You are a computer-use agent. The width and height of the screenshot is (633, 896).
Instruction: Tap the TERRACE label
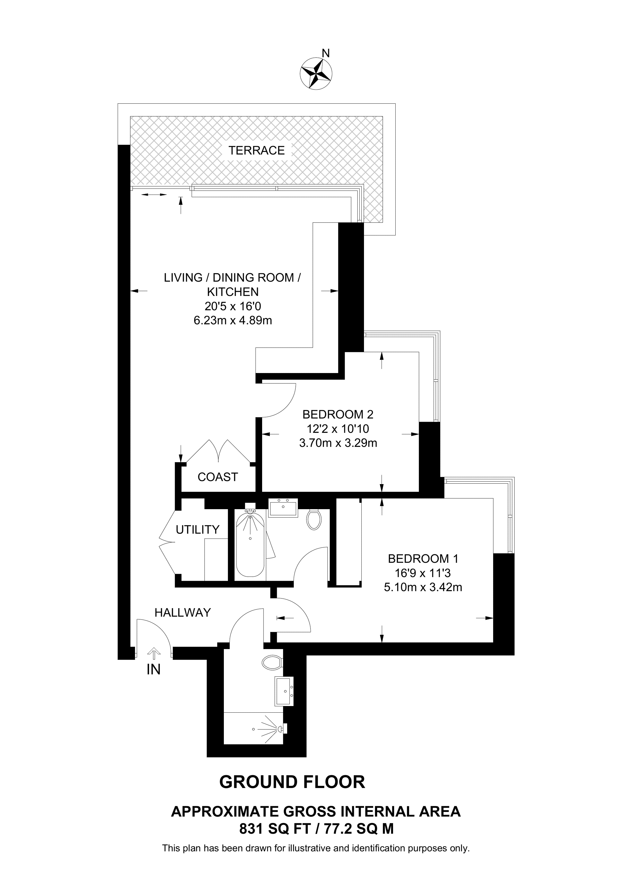(x=256, y=150)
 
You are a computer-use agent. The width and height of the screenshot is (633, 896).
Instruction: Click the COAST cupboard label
(x=218, y=477)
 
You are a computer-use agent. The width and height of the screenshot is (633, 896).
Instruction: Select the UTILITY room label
(x=197, y=530)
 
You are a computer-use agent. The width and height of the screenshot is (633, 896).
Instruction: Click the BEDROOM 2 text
(x=338, y=414)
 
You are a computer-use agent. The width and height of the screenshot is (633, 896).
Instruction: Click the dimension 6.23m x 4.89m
(x=232, y=321)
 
